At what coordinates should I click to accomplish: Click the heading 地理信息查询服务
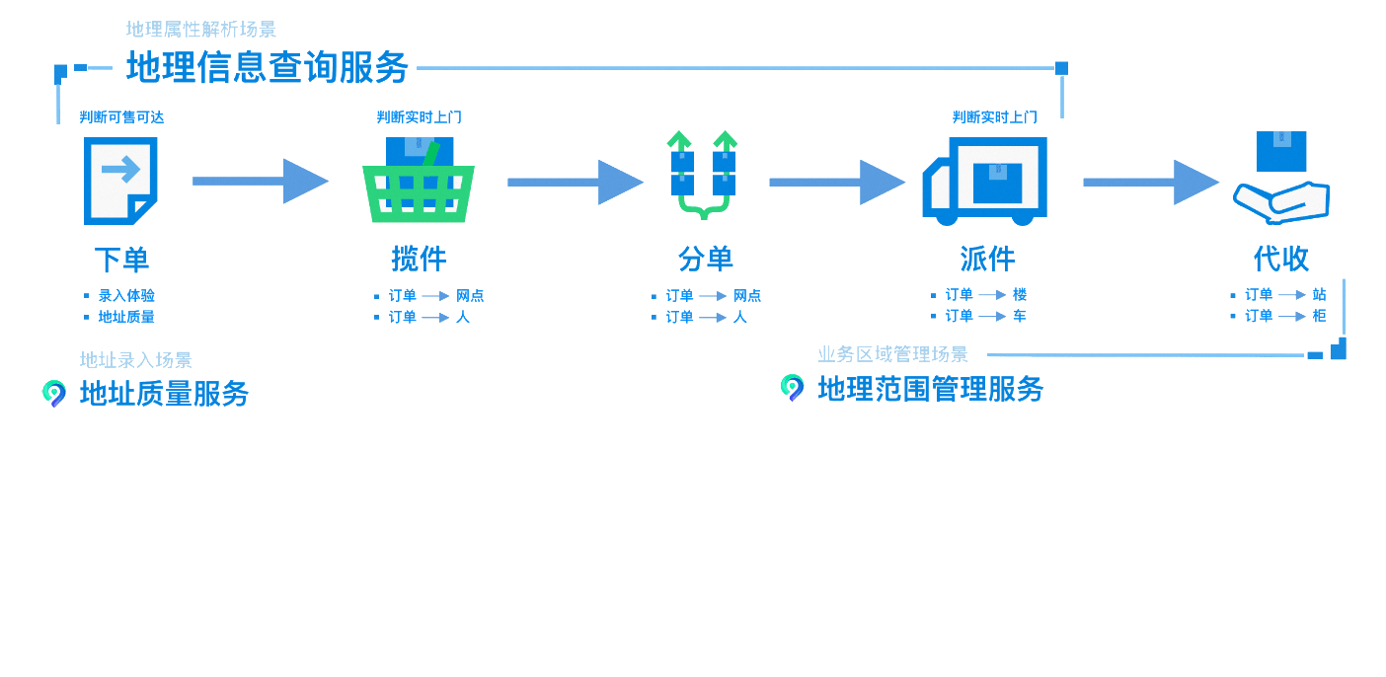coord(267,67)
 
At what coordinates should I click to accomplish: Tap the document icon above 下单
coord(120,181)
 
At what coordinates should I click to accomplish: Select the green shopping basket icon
coord(419,180)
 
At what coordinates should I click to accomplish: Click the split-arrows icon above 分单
coord(703,175)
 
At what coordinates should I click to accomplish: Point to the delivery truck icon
coord(984,182)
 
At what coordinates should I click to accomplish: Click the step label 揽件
coord(419,259)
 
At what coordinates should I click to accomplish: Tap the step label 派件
coord(987,259)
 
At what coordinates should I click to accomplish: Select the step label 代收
coord(1280,259)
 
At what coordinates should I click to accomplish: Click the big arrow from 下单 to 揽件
coord(261,182)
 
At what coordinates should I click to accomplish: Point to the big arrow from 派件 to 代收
coord(1151,182)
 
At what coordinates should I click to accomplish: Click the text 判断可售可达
coord(121,117)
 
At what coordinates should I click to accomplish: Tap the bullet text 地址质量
coord(126,317)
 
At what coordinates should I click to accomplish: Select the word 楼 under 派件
coord(1020,294)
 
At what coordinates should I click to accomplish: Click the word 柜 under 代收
coord(1319,316)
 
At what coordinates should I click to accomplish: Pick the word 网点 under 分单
coord(747,296)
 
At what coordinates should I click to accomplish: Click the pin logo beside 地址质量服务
coord(54,394)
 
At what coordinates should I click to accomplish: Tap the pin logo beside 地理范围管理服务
coord(792,388)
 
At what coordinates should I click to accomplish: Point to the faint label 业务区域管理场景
coord(892,354)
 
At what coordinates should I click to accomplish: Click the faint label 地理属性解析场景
coord(201,29)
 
